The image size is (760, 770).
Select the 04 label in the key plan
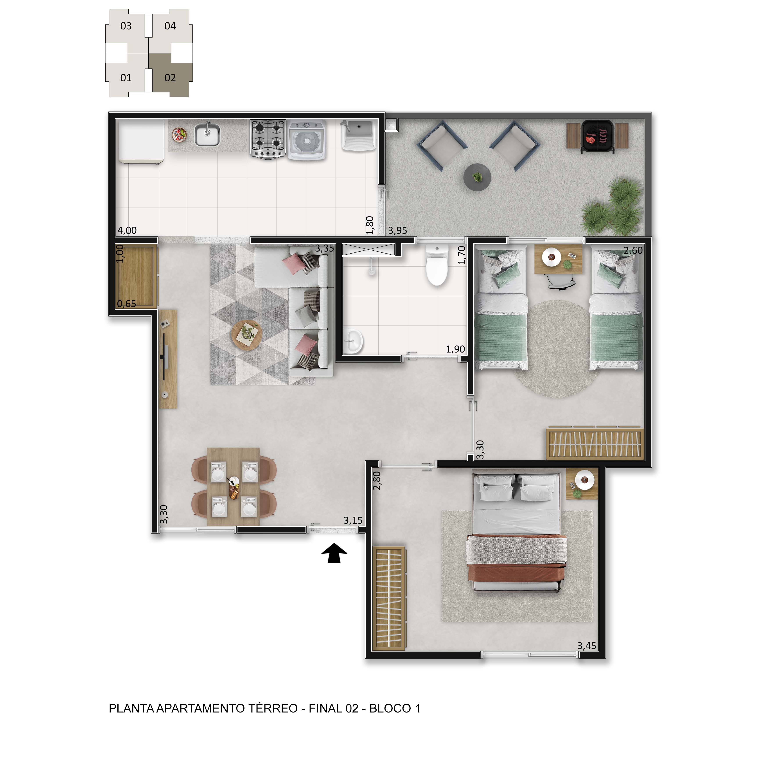click(170, 26)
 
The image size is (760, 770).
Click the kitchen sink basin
click(207, 135)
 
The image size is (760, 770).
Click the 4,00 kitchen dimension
click(127, 230)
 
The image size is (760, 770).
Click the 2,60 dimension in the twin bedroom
click(633, 250)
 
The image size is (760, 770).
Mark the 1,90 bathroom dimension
click(455, 349)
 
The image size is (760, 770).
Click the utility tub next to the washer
click(358, 135)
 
